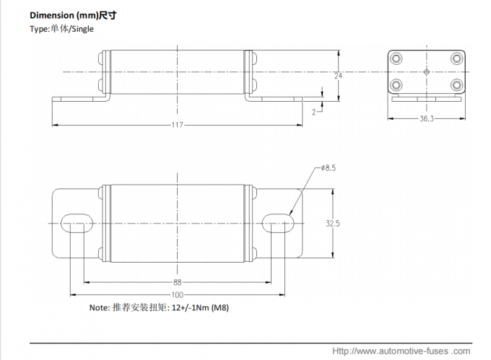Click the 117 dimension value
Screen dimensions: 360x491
point(177,125)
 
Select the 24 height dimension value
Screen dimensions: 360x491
point(337,75)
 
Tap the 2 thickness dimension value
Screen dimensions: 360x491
point(314,112)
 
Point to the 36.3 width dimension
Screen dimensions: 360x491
point(426,119)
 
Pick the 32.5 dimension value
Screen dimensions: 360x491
point(332,224)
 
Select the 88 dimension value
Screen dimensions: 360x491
point(177,282)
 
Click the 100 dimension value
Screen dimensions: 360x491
point(177,294)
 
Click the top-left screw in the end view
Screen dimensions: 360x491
point(396,58)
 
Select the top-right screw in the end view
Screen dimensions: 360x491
point(456,58)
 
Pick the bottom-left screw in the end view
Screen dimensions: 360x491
point(396,85)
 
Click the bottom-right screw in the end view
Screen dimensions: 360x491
point(456,85)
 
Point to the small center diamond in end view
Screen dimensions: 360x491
point(426,72)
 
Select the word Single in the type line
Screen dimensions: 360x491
point(82,29)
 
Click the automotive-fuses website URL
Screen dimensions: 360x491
point(401,351)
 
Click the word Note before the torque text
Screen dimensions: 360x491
point(98,307)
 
